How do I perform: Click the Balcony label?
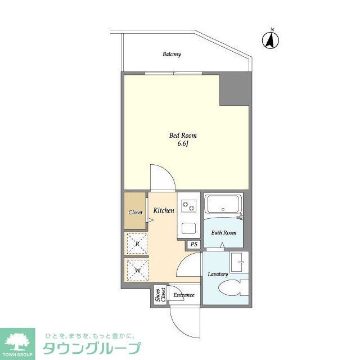point(172,55)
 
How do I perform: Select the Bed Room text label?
point(183,136)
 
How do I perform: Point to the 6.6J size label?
point(183,145)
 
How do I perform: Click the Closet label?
point(136,213)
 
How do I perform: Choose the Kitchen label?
point(164,210)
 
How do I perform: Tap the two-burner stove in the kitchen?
point(188,206)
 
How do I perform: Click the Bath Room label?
point(223,232)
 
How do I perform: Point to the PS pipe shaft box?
point(194,244)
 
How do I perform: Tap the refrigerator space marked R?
point(137,244)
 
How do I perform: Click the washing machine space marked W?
point(137,270)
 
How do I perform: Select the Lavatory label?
point(217,274)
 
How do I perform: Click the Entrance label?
point(183,295)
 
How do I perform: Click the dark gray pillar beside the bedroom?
point(234,89)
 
